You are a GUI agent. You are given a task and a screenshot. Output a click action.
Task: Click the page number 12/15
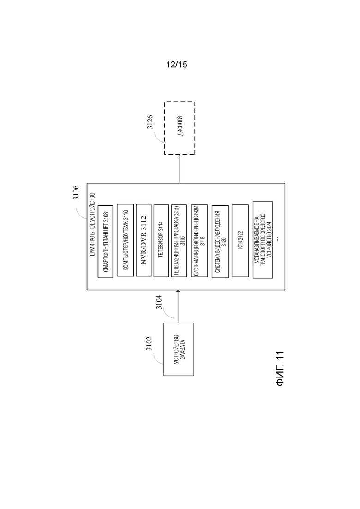[x=177, y=65]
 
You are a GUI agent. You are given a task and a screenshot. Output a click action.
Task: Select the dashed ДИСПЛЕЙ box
[x=180, y=128]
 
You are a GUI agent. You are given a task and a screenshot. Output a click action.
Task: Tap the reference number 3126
[x=150, y=122]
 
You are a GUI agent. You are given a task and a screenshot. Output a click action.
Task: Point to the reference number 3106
[x=75, y=192]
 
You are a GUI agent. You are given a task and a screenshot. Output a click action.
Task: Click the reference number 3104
[x=159, y=302]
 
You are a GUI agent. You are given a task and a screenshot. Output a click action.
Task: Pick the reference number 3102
[x=149, y=343]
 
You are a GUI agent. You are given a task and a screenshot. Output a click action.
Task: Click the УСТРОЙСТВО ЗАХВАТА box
[x=179, y=349]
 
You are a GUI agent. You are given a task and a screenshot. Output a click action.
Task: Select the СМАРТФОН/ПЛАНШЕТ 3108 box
[x=106, y=241]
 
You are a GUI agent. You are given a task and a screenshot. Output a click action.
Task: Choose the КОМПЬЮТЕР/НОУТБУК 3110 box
[x=125, y=240]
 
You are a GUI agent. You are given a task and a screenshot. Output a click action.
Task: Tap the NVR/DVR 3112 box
[x=144, y=240]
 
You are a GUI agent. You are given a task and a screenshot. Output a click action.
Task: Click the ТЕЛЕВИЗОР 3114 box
[x=162, y=240]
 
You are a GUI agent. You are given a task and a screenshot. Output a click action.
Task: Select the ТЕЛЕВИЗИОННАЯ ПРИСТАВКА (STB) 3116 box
[x=179, y=241]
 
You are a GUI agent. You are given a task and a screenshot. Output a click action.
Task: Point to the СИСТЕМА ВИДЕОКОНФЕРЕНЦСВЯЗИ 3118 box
[x=199, y=241]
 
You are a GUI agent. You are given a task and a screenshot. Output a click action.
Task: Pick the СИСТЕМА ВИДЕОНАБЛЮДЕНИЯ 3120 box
[x=220, y=241]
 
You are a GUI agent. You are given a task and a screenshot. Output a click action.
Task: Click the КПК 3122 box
[x=240, y=240]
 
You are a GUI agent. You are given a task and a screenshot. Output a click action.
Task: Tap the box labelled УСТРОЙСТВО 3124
[x=263, y=240]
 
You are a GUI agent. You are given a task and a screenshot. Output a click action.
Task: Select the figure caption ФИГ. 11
[x=280, y=368]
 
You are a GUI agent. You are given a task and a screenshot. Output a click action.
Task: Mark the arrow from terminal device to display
[x=180, y=169]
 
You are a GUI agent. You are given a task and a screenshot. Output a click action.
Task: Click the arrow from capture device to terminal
[x=178, y=306]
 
